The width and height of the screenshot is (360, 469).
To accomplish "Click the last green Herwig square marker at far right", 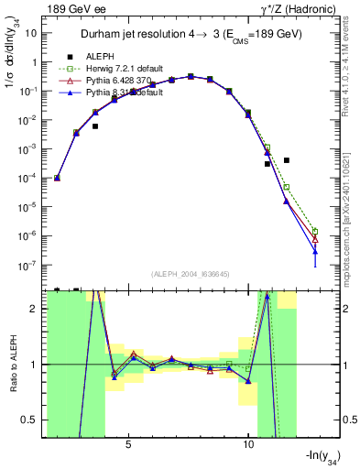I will pyautogui.click(x=315, y=231).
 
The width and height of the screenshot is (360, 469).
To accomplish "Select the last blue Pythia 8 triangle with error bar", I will pyautogui.click(x=315, y=250).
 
